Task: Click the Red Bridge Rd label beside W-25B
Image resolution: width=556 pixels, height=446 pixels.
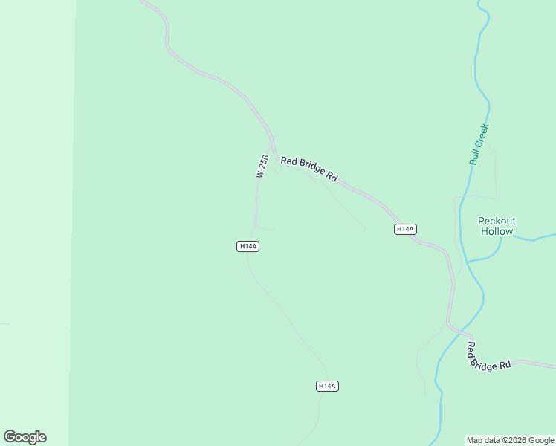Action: click(308, 169)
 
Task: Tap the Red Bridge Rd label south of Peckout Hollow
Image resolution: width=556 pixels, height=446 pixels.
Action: click(489, 356)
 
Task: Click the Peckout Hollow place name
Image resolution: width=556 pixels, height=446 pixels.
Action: click(497, 226)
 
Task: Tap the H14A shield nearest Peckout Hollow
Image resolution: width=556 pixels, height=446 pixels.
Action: click(404, 230)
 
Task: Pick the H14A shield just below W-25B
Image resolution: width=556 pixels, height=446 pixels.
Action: click(248, 246)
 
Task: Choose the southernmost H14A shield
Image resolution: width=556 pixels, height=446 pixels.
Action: click(327, 386)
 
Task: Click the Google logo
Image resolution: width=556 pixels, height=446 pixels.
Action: click(25, 437)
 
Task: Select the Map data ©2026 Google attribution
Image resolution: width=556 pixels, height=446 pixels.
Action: click(511, 440)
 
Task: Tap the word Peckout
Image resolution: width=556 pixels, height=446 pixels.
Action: click(497, 221)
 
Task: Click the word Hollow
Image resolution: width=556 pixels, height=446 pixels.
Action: click(497, 231)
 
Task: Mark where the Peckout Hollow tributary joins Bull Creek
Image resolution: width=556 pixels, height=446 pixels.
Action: click(468, 261)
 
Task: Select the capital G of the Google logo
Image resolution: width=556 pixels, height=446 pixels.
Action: click(10, 437)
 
